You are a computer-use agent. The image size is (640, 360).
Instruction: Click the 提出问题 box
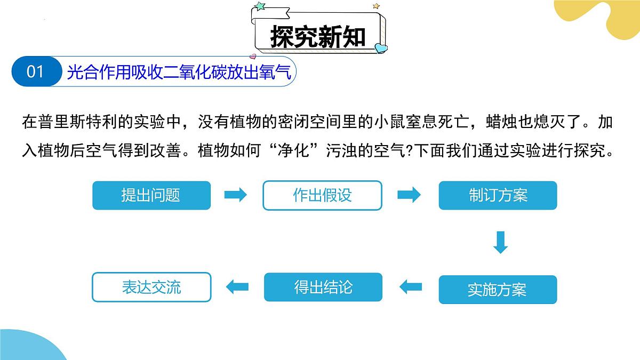point(151,195)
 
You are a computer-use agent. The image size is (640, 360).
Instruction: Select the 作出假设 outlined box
point(322,195)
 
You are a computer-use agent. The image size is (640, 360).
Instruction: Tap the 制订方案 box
point(498,195)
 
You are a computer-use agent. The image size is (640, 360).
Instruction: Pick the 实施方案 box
point(498,290)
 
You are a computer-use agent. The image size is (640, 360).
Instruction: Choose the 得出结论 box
point(323,287)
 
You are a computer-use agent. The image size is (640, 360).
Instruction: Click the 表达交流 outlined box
point(151,287)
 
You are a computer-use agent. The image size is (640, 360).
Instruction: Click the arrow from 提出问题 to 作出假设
point(235,195)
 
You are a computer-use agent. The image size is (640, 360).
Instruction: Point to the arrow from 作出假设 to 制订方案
point(409,195)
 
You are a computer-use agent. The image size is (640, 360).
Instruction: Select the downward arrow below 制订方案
point(501,243)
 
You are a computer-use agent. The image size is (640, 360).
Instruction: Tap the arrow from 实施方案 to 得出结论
point(411,286)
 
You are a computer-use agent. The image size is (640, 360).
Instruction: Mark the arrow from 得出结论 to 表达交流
point(237,286)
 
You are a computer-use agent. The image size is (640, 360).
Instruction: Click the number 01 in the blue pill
point(35,71)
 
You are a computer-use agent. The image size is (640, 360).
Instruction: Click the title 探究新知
point(318,37)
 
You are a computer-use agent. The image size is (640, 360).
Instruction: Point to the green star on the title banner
point(260,6)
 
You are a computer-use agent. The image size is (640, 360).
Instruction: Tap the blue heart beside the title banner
point(381,48)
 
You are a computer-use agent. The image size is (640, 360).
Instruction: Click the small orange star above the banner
point(377,6)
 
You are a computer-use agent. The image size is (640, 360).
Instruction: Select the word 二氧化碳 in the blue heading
point(195,71)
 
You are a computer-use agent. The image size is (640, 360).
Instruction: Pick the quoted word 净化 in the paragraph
point(293,150)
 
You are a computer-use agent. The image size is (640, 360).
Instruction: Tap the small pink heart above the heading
point(253,57)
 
